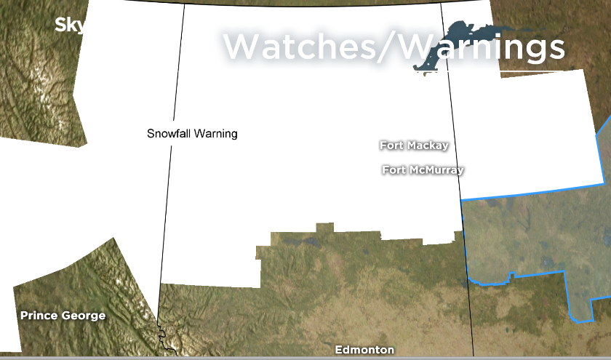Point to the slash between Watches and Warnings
[394, 47]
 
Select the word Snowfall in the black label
[170, 134]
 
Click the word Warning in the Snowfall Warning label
[217, 134]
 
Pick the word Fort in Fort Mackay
[391, 145]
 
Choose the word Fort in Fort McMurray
[394, 170]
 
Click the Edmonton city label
[364, 350]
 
